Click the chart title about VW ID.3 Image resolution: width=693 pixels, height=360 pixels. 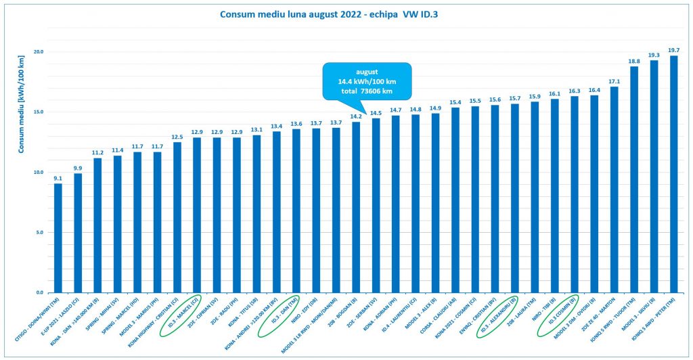pos(346,14)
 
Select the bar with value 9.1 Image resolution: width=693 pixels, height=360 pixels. pos(58,238)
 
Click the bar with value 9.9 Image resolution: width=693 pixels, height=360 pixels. pos(78,233)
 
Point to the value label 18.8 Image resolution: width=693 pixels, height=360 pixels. pos(634,61)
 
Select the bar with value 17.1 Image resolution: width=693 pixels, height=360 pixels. pos(614,189)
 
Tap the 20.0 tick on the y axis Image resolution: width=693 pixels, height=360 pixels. pos(39,52)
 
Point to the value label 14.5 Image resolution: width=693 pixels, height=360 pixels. pos(376,113)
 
